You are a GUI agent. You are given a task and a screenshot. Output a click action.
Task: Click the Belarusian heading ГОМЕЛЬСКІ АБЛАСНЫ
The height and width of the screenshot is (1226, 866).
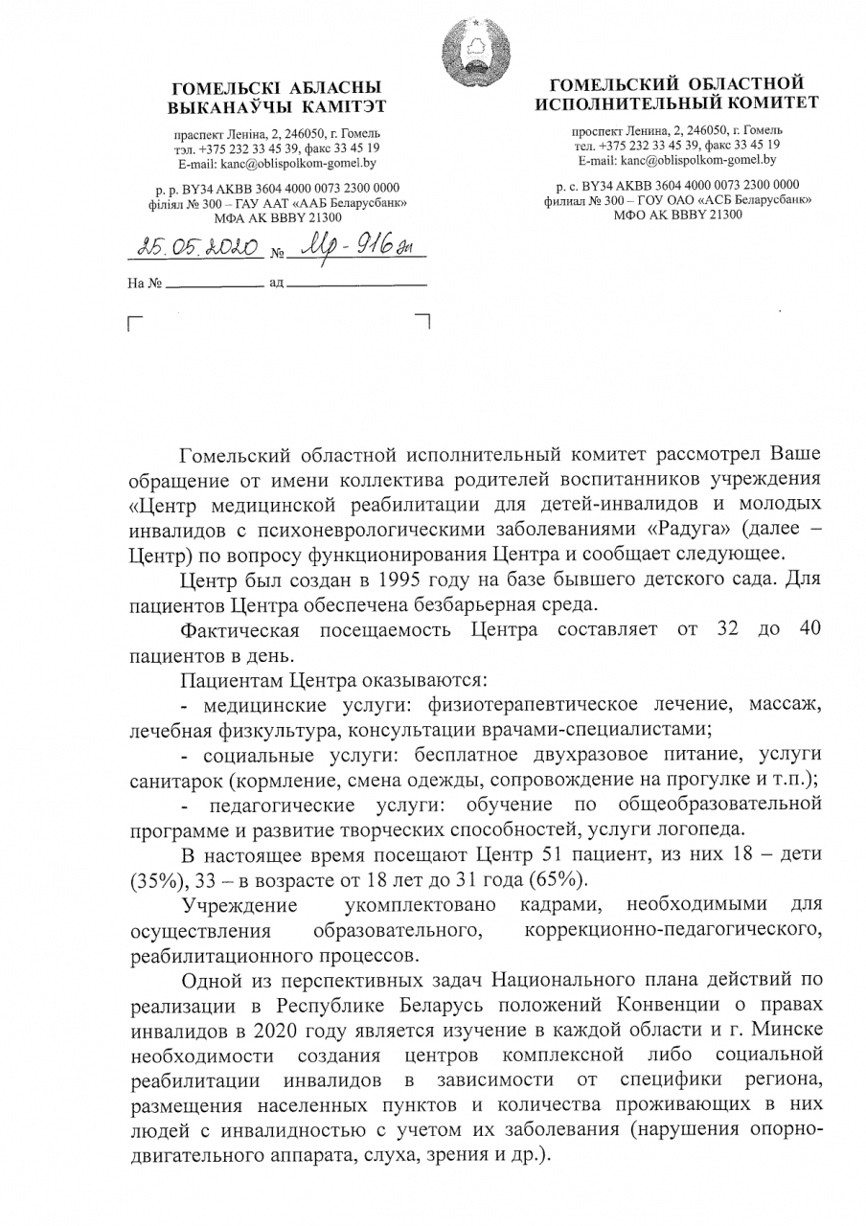tap(273, 88)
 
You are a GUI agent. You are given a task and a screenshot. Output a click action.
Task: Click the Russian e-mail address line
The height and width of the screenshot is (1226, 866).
tap(677, 159)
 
